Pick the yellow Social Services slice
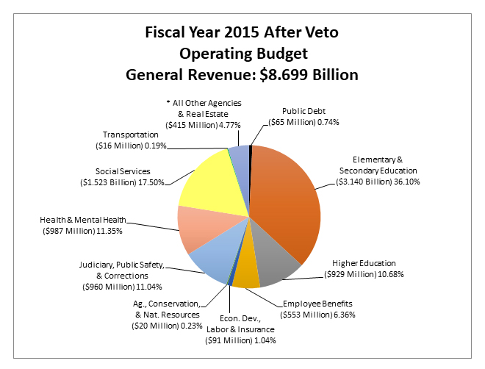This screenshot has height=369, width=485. click(209, 180)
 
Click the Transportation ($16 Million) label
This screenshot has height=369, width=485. click(131, 140)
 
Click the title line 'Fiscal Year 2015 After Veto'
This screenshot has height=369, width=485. click(242, 34)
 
